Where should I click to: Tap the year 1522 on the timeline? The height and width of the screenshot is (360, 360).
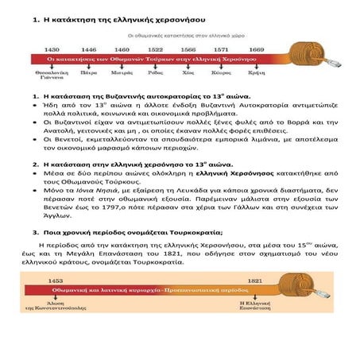tap(155, 48)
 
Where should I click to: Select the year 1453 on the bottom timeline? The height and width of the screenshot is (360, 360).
tap(55, 281)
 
